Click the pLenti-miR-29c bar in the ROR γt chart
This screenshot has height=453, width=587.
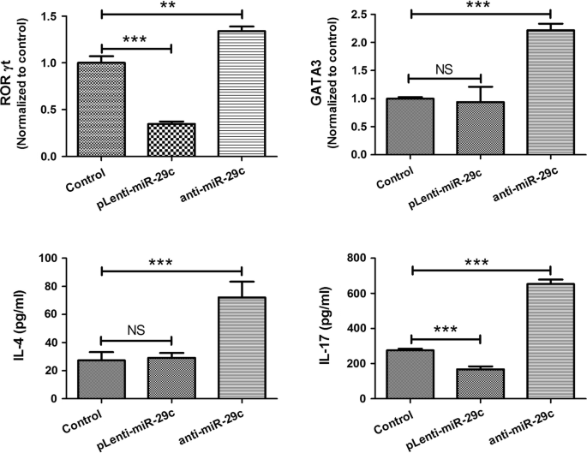(x=171, y=140)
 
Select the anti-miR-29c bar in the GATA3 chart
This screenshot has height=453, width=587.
(x=526, y=93)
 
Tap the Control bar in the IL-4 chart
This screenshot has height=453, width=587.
(x=101, y=379)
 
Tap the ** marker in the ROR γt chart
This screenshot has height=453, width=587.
(x=171, y=5)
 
